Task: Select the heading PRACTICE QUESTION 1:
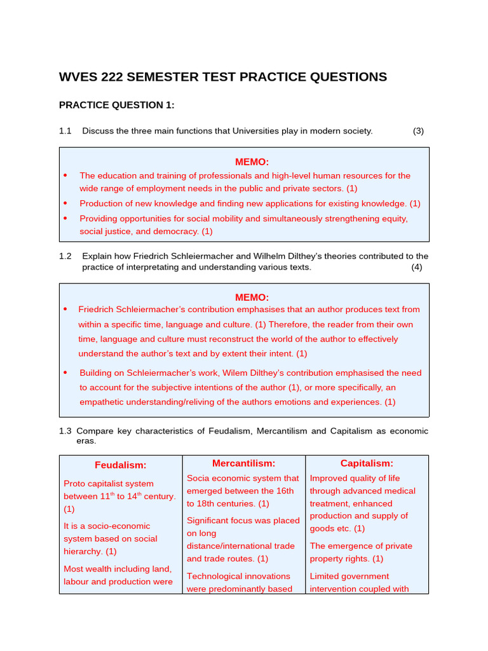(116, 105)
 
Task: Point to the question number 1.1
(65, 131)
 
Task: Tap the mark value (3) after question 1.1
(418, 131)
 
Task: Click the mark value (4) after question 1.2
(416, 267)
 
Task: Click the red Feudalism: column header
(121, 465)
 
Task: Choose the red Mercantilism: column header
(243, 463)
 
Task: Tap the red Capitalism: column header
(367, 463)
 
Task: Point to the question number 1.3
(65, 431)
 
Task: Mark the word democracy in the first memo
(177, 231)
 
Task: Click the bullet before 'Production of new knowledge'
(65, 203)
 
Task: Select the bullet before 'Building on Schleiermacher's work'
(65, 373)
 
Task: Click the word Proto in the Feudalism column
(74, 484)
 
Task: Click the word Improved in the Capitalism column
(329, 478)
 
